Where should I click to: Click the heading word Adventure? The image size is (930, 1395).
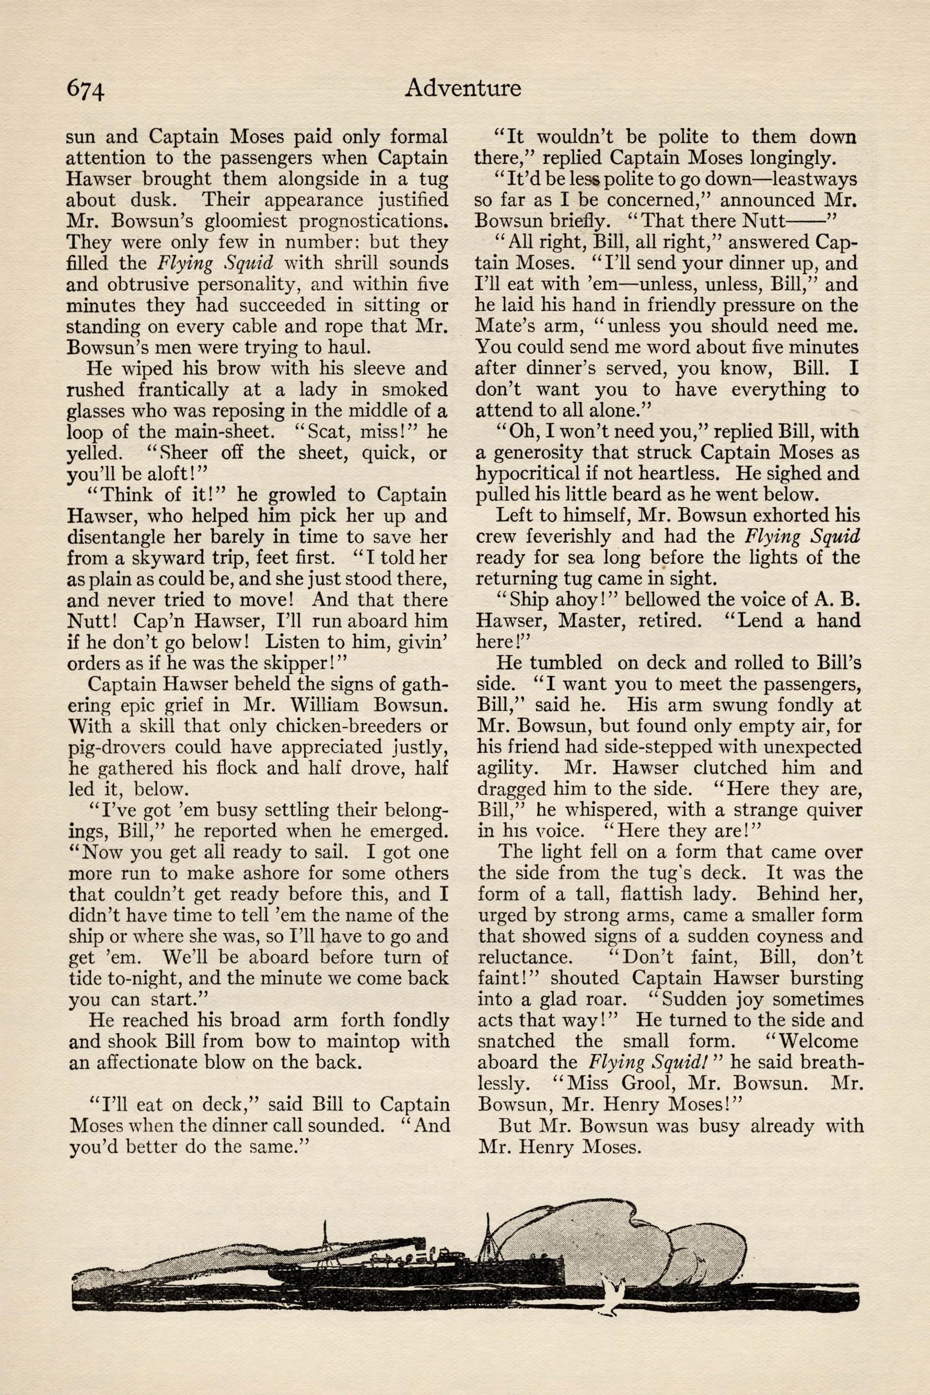tap(463, 88)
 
